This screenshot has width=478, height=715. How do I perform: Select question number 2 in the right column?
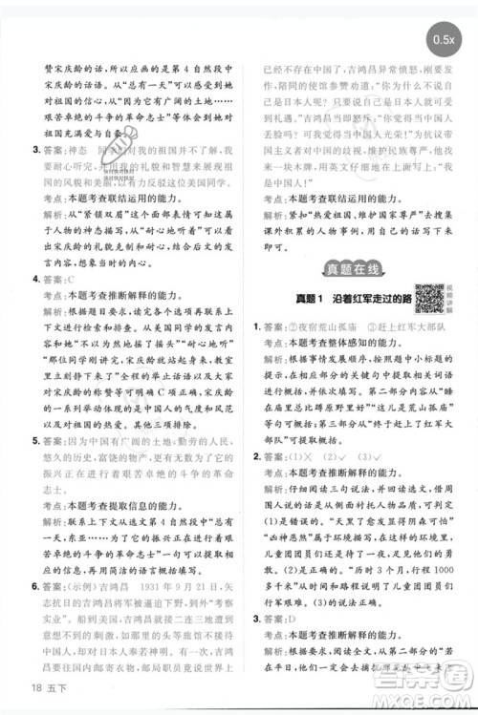(257, 456)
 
